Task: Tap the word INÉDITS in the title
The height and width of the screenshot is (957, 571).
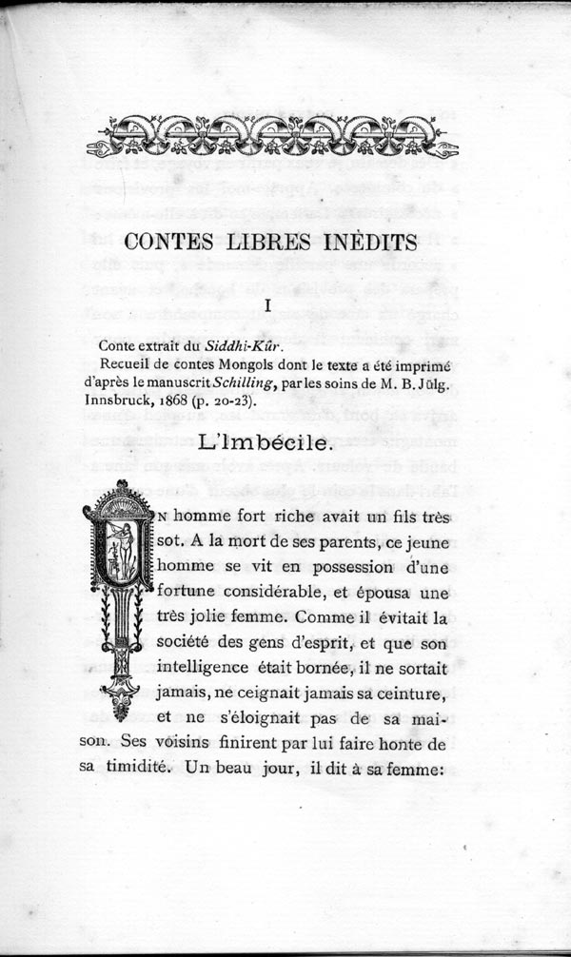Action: pyautogui.click(x=371, y=242)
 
